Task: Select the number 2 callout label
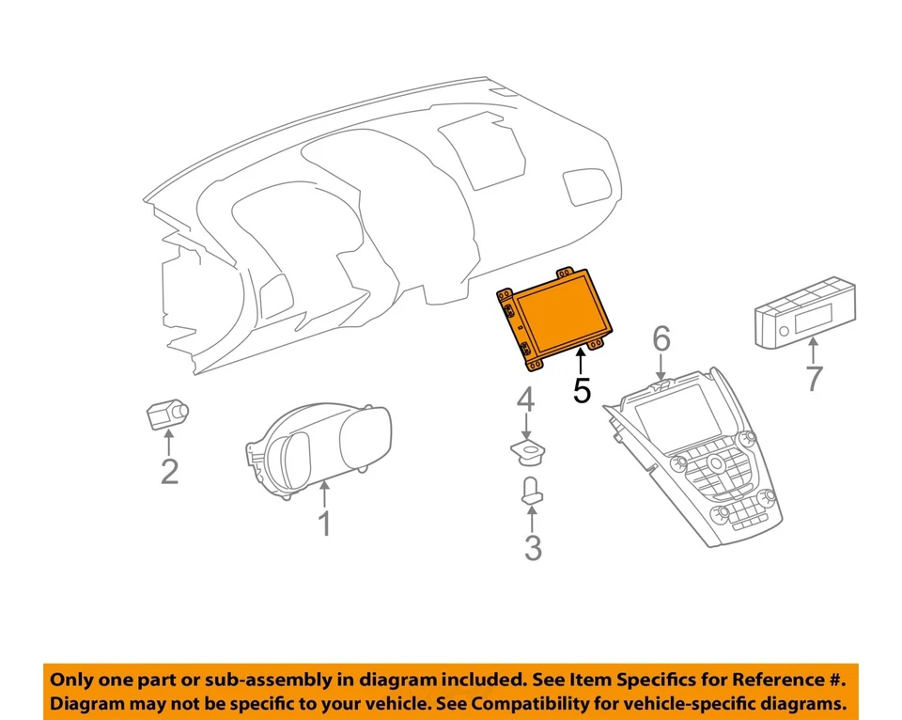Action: pos(169,471)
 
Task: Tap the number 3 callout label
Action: pos(533,547)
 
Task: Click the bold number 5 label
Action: pos(582,390)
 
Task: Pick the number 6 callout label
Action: pos(662,337)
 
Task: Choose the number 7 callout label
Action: pos(813,379)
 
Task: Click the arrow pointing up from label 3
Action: pos(533,518)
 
